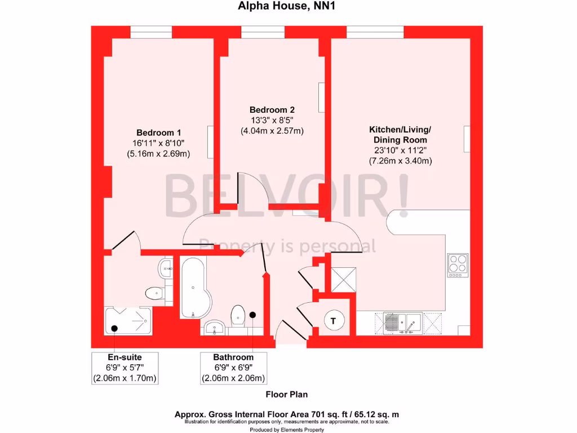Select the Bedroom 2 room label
point(272,110)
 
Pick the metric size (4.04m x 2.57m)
point(272,131)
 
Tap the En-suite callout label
point(125,357)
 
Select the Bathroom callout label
point(233,357)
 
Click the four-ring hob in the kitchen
point(458,265)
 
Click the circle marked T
point(334,321)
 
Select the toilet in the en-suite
point(155,293)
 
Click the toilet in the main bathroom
point(238,317)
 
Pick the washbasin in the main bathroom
point(215,326)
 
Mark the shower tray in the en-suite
point(128,320)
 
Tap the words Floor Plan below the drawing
point(287,395)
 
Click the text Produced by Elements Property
point(287,430)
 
